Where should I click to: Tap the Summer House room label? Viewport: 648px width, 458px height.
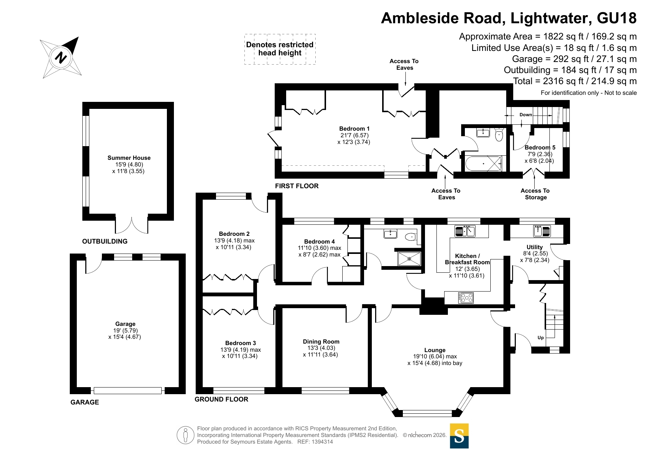[129, 158]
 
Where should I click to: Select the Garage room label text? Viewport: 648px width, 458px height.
[125, 324]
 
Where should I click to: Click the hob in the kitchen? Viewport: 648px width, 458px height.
[466, 297]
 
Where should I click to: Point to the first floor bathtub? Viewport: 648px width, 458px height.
[483, 163]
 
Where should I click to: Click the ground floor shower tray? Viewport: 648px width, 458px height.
[409, 259]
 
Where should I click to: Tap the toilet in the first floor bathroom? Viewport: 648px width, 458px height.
[499, 135]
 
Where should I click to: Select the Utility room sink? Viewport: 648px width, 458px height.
[542, 231]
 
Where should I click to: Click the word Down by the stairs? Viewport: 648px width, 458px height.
[525, 115]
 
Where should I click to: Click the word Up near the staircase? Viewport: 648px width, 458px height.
[541, 338]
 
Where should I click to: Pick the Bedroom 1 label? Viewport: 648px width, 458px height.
[354, 129]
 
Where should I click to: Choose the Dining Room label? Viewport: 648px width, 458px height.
[321, 342]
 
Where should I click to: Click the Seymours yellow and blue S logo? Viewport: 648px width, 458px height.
[459, 436]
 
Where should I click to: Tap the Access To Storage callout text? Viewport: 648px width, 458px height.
[535, 194]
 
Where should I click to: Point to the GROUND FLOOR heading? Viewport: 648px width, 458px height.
[221, 399]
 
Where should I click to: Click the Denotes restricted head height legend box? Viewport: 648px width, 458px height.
[280, 49]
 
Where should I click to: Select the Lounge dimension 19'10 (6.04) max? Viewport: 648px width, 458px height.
[435, 357]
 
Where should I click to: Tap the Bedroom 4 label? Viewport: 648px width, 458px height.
[319, 242]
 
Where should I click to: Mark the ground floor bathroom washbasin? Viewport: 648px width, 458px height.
[390, 234]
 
